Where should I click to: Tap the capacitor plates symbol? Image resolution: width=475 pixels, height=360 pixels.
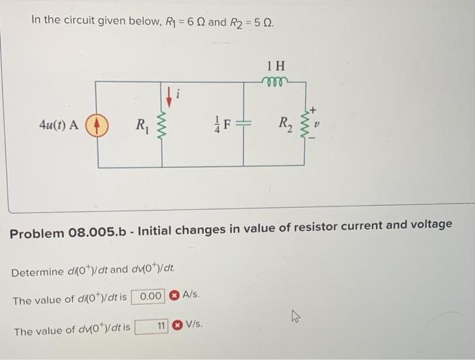244,125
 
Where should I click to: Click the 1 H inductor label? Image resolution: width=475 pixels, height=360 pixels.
276,67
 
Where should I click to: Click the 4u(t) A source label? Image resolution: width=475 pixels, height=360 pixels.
59,125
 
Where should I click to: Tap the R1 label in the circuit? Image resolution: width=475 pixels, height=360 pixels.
142,125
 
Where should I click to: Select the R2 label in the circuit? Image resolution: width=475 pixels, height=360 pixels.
286,124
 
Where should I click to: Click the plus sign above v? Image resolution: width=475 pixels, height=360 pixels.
313,109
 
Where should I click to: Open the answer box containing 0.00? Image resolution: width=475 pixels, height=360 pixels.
149,297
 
